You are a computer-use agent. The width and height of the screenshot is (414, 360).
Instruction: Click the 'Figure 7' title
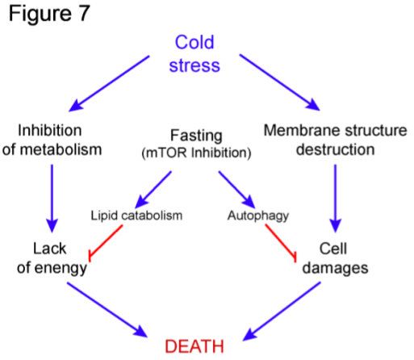coord(49,14)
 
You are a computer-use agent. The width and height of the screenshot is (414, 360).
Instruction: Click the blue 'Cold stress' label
coord(194,54)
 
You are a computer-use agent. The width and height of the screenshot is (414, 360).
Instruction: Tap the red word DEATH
coord(194,346)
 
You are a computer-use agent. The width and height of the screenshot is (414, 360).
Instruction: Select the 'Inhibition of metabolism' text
coord(52,140)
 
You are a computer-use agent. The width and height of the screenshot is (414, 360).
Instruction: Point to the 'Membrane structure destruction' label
coord(336,140)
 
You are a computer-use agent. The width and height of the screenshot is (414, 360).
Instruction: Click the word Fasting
coord(196,136)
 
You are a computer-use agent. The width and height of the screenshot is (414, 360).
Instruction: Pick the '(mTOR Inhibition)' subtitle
coord(196,153)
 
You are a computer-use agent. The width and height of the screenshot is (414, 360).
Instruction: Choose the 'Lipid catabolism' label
coord(136,216)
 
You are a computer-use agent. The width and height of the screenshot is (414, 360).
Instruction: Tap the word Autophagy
coord(258,216)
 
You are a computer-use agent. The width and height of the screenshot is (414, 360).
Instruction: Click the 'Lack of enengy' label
coord(52,258)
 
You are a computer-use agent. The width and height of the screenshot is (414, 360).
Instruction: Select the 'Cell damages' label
coord(335,258)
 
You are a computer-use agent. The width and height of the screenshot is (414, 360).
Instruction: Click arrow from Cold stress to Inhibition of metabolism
coord(109,83)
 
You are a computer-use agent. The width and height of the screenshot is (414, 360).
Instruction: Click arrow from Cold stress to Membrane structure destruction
coord(280,82)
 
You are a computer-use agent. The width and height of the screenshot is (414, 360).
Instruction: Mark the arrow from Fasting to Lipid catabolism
coord(153,190)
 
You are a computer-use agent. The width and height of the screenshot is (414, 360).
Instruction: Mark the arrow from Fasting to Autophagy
coord(236,190)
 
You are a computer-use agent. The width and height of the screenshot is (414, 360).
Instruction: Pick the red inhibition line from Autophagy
coord(281,241)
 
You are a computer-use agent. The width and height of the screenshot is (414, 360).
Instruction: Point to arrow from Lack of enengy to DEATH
coord(107,309)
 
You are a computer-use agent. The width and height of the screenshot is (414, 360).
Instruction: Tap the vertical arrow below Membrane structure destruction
coord(335,199)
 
